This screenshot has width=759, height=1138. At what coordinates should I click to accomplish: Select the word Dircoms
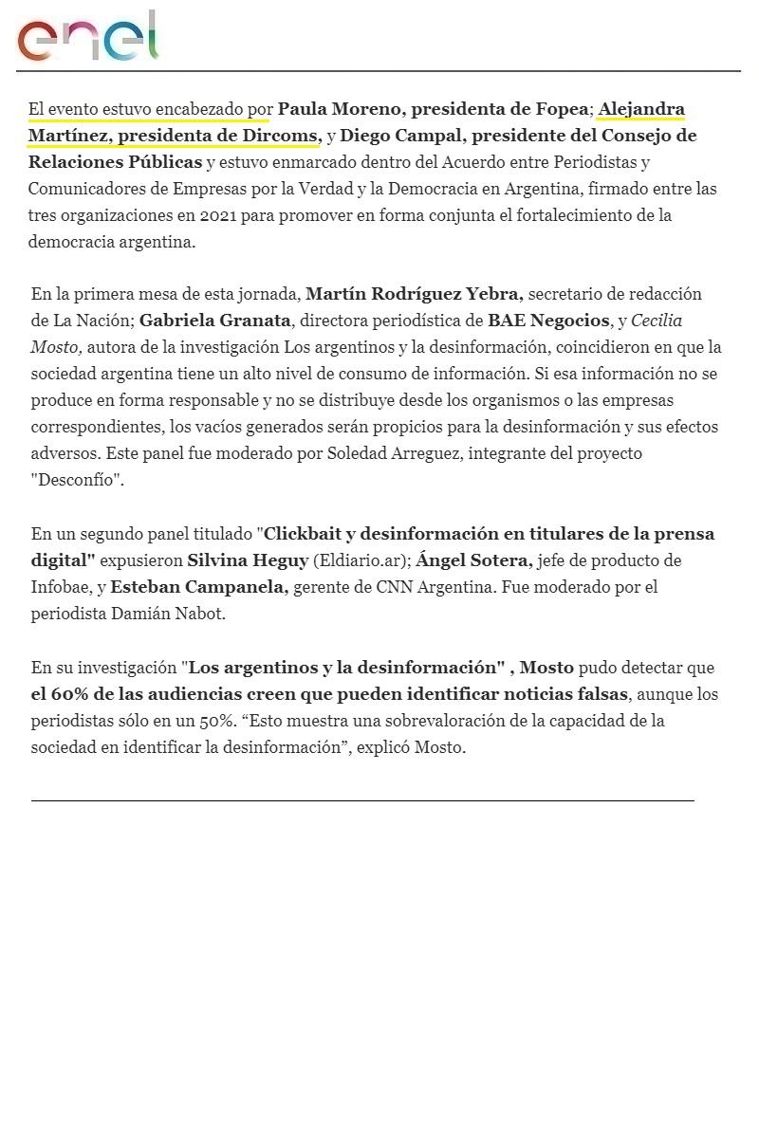282,136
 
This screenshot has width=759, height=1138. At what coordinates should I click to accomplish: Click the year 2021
217,215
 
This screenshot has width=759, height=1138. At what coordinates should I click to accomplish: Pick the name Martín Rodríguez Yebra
415,294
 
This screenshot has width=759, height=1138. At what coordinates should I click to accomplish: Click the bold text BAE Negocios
548,321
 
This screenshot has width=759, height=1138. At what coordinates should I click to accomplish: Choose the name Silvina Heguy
248,560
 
